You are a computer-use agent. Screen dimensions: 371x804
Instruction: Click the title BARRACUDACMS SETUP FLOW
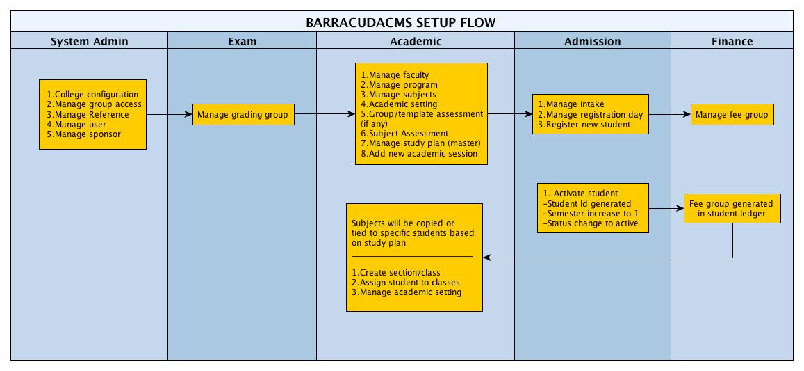[401, 22]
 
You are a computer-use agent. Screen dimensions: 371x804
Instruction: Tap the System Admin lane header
[90, 41]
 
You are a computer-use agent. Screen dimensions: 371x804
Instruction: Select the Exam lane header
[242, 41]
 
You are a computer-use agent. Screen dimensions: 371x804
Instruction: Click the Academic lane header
[416, 41]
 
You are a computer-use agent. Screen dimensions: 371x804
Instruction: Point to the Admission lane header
[592, 41]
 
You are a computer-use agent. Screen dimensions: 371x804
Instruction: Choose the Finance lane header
[732, 41]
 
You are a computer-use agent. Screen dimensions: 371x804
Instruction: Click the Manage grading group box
[243, 114]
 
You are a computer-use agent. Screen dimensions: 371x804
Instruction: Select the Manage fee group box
[732, 114]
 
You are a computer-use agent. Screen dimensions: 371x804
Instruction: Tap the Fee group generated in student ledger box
[732, 209]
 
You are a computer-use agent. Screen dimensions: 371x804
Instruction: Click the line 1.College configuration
[92, 95]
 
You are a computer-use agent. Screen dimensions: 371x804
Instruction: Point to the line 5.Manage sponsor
[83, 134]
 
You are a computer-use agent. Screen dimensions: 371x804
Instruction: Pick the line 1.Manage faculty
[395, 75]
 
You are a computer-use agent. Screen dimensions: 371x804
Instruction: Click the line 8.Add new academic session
[419, 153]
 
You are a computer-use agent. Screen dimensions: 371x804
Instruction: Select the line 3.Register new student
[584, 124]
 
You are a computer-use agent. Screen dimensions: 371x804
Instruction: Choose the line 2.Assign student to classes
[406, 282]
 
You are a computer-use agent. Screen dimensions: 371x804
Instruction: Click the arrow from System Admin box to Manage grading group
[170, 114]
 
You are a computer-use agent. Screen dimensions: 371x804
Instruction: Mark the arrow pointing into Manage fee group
[669, 114]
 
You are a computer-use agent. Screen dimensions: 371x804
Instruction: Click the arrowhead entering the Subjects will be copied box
[487, 258]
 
